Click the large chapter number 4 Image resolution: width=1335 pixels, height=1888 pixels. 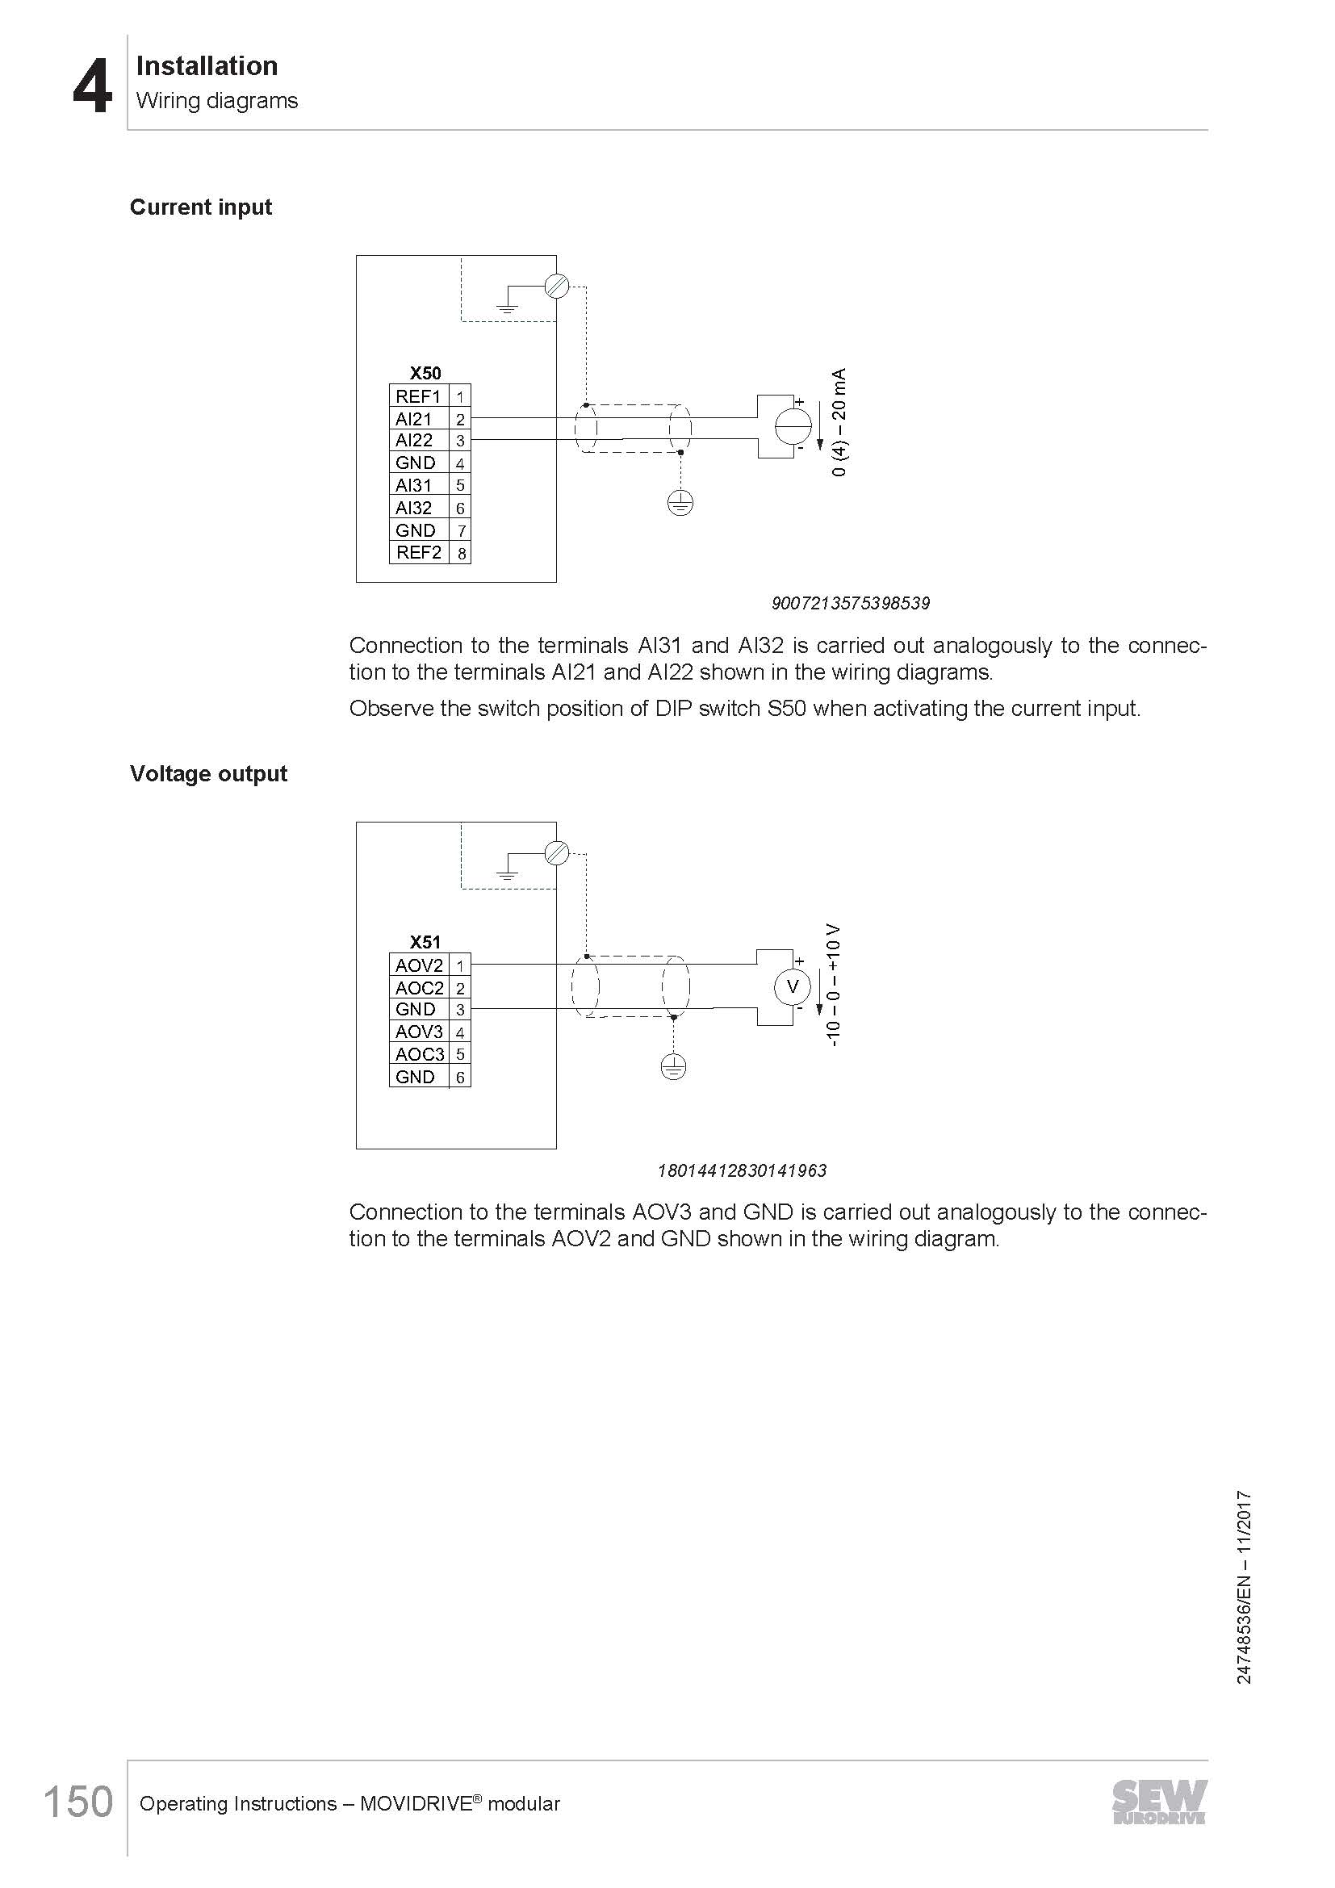click(91, 87)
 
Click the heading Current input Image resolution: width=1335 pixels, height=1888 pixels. click(201, 207)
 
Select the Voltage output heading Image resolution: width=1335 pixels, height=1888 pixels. click(208, 774)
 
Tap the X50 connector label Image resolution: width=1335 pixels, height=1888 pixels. click(425, 374)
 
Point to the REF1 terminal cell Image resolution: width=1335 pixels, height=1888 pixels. click(418, 396)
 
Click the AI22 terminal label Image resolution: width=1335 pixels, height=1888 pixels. click(414, 441)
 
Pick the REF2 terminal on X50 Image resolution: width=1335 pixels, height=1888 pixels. click(418, 553)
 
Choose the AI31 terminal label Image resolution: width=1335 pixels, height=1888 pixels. click(414, 486)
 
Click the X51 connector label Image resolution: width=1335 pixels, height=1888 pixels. click(425, 942)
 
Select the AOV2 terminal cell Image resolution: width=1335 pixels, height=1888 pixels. click(418, 965)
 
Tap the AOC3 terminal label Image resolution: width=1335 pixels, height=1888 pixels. click(419, 1054)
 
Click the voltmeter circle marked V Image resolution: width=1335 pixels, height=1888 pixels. click(793, 986)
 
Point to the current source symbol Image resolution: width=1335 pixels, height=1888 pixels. click(793, 426)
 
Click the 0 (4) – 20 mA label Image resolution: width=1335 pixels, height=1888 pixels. click(839, 423)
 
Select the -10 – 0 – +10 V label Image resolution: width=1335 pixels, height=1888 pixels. click(834, 985)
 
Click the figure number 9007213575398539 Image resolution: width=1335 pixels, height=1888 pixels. click(850, 604)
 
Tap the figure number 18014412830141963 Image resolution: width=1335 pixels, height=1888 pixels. click(742, 1171)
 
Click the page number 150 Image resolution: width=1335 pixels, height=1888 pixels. click(78, 1802)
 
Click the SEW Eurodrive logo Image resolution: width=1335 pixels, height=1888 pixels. click(1159, 1802)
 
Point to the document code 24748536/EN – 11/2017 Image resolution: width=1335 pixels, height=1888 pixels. click(1244, 1587)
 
